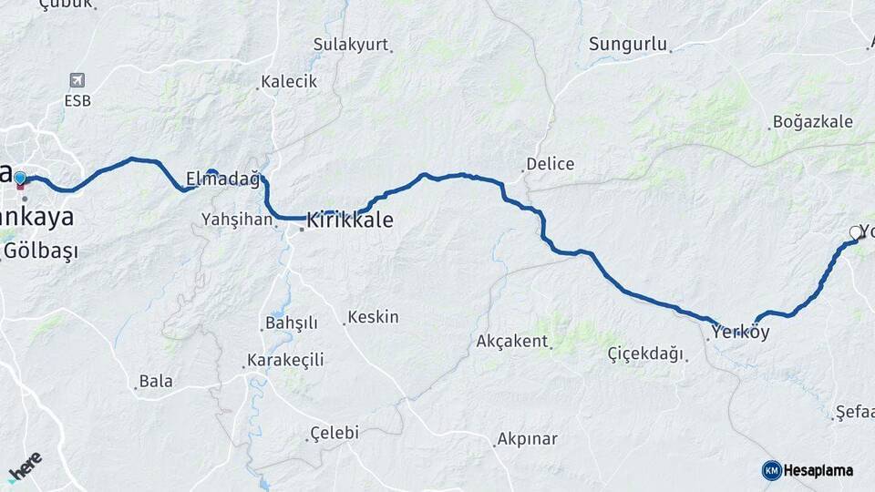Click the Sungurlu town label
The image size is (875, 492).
628,44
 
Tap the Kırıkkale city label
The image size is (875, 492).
350,220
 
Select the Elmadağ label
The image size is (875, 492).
222,179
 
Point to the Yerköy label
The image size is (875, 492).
740,332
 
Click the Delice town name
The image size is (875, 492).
551,164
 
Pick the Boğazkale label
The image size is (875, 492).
812,121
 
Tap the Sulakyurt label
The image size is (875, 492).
351,45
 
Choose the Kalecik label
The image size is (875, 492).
289,81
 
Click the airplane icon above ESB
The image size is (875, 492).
77,80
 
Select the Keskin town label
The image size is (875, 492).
374,317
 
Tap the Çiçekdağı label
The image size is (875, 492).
645,354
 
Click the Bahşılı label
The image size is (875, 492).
291,323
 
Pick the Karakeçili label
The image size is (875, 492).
287,360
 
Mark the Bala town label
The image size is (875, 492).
156,381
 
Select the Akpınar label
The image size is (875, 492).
527,439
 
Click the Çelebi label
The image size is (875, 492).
335,433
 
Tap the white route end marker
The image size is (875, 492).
856,233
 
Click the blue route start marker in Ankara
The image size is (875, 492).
20,178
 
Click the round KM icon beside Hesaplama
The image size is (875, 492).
772,470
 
